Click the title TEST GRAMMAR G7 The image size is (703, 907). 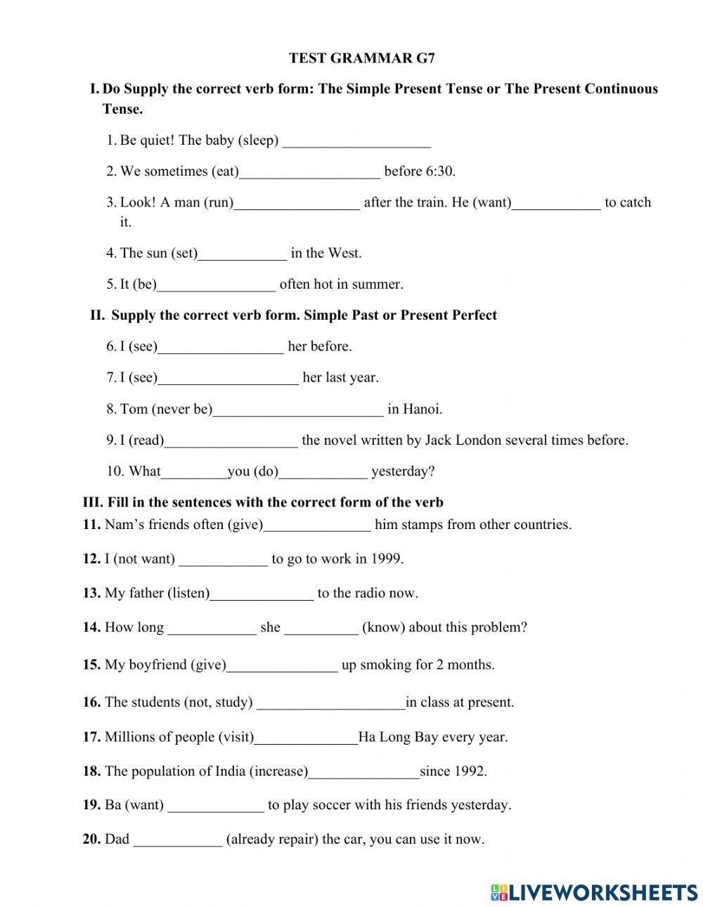tap(361, 58)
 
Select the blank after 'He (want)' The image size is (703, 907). tap(556, 204)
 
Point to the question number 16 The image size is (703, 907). tap(91, 702)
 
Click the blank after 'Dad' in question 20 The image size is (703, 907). tap(178, 841)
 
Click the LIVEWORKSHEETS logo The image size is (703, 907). tap(594, 892)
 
